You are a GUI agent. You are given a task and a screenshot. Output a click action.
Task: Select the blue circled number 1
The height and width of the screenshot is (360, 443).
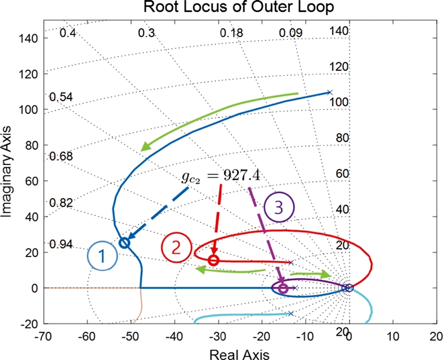102,256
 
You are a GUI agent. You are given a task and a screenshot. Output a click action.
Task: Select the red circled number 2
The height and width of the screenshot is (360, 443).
176,247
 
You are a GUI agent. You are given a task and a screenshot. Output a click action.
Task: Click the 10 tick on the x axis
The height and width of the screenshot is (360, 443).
393,337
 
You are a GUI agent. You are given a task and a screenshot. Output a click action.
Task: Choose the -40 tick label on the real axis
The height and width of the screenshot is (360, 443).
174,337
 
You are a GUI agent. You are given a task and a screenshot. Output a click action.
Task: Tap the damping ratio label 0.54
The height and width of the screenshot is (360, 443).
60,97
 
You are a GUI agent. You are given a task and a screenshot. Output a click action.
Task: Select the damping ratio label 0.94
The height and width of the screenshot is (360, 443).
60,244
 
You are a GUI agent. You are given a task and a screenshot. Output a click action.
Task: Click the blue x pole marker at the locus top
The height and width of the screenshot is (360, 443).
329,92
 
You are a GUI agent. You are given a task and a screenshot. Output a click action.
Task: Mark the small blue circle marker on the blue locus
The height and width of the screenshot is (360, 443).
125,243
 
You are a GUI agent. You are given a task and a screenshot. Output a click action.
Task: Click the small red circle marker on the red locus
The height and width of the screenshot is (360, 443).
214,260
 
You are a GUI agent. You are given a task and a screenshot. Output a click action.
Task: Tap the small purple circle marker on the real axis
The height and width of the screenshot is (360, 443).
284,289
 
